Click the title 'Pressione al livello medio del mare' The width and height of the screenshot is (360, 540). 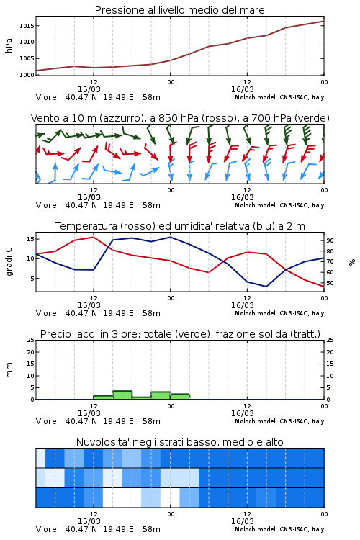click(x=179, y=10)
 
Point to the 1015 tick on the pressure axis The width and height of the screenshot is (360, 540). click(x=27, y=26)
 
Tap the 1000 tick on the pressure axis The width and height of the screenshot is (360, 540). click(x=27, y=75)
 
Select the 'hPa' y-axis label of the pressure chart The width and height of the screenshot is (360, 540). click(x=9, y=45)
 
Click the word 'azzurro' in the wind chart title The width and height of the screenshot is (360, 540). click(x=120, y=118)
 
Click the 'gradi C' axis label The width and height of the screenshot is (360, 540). click(x=9, y=262)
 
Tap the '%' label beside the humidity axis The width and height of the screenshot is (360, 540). click(x=352, y=262)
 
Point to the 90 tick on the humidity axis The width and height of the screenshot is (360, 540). click(x=330, y=240)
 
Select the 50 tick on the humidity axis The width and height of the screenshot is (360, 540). click(x=330, y=283)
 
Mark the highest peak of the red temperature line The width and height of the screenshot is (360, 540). click(x=94, y=237)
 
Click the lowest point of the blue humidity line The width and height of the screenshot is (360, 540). click(x=266, y=287)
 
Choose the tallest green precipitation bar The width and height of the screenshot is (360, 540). click(x=122, y=395)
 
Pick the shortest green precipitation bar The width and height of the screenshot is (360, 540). click(x=142, y=398)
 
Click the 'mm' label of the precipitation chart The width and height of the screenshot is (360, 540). click(x=9, y=370)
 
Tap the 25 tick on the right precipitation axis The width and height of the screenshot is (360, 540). click(x=330, y=340)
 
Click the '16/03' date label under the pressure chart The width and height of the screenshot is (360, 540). click(x=243, y=89)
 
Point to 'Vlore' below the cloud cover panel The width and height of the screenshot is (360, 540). click(x=46, y=529)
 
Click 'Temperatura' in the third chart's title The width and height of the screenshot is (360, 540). click(x=86, y=226)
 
